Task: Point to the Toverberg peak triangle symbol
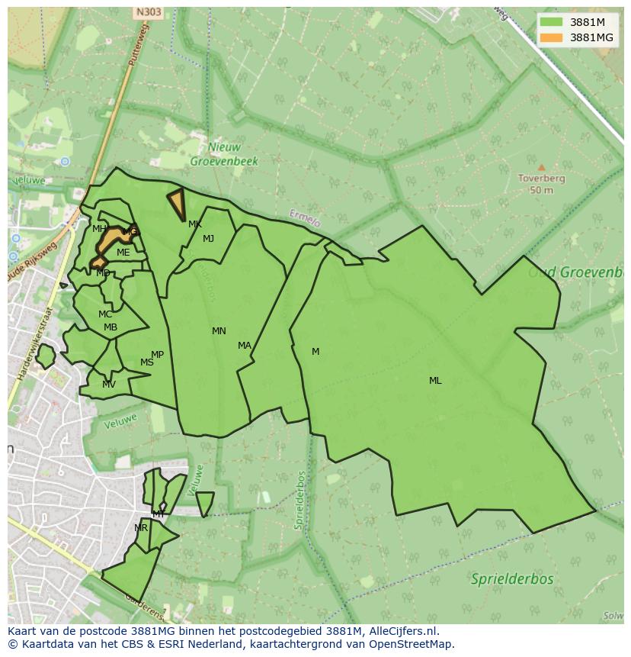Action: coord(541,167)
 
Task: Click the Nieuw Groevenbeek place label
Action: coord(223,154)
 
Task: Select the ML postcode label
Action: coord(435,381)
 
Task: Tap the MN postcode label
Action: coord(219,331)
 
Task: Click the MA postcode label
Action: coord(244,346)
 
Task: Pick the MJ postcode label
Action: coord(208,239)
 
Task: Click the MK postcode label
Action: coord(195,224)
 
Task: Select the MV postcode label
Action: coord(109,385)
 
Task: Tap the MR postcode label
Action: coord(141,528)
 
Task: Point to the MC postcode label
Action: coord(105,314)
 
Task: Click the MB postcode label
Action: coord(111,328)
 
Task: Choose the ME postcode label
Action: coord(123,253)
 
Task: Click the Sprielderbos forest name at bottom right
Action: coord(511,578)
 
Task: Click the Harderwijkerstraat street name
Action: coord(34,343)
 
